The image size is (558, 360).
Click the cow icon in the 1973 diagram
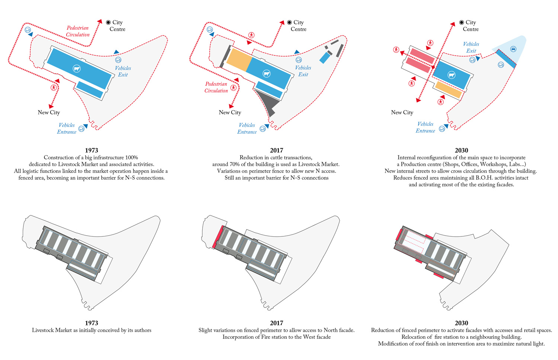(x=77, y=69)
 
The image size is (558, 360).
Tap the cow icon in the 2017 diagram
(x=266, y=74)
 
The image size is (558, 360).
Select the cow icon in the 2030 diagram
(x=452, y=75)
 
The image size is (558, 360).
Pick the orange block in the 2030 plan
(x=449, y=90)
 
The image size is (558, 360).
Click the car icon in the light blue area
(x=513, y=49)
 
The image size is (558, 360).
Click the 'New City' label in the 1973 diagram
(x=49, y=112)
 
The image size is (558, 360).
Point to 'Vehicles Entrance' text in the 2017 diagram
(x=247, y=128)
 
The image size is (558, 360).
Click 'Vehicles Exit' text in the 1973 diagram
(x=123, y=71)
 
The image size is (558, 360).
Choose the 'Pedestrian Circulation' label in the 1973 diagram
(x=78, y=31)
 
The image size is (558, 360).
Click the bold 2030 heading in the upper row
(x=461, y=150)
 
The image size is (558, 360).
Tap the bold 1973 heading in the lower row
(x=92, y=323)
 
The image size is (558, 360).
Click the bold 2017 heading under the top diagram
(x=276, y=150)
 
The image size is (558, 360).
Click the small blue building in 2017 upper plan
(x=325, y=57)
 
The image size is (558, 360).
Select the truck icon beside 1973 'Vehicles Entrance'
(x=81, y=129)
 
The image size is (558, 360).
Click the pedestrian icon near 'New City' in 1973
(x=54, y=87)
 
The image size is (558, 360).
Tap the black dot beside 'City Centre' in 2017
(x=289, y=22)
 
